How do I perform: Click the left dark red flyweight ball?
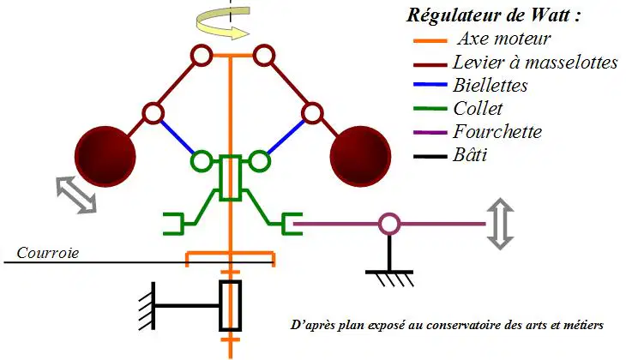(x=105, y=157)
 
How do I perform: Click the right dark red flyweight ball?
(x=360, y=157)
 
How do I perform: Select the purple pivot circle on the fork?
(x=388, y=224)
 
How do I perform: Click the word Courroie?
(x=47, y=253)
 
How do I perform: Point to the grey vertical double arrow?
(x=500, y=224)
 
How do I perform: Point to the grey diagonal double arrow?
(x=76, y=195)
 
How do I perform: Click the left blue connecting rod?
(x=177, y=137)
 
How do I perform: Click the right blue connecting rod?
(x=286, y=137)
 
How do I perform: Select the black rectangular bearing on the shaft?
(x=231, y=306)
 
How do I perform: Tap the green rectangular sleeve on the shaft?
(x=231, y=178)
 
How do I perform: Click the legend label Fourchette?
(x=497, y=132)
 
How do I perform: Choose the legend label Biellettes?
(x=490, y=86)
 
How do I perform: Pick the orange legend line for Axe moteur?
(x=430, y=40)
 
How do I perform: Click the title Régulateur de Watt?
(x=493, y=15)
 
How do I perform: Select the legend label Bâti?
(x=470, y=155)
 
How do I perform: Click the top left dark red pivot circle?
(x=202, y=56)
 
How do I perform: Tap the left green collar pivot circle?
(x=202, y=161)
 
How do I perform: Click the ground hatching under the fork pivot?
(x=389, y=279)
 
